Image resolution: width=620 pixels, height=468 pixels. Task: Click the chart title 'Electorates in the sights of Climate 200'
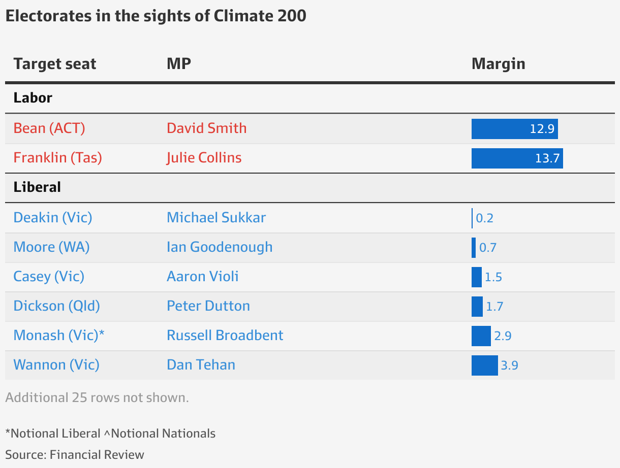(x=156, y=16)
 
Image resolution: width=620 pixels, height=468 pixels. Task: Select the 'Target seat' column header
(x=55, y=64)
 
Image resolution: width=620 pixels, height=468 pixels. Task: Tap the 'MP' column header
(x=179, y=64)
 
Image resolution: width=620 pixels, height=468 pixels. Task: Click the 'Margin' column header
(x=498, y=64)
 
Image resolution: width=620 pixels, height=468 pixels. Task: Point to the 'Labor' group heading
(x=33, y=98)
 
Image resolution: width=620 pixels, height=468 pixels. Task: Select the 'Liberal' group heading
(x=37, y=187)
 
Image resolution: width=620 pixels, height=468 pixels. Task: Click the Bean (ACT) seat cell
(x=49, y=128)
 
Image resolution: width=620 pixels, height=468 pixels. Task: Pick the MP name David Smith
(x=206, y=128)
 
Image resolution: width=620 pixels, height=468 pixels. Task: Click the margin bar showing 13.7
(x=517, y=158)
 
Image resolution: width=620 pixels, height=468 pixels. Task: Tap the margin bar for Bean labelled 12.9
(x=514, y=129)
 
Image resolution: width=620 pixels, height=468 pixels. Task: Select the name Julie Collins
(x=204, y=158)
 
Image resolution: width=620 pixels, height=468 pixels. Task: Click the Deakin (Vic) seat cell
(x=53, y=218)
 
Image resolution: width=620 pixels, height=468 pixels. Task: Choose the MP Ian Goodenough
(x=220, y=247)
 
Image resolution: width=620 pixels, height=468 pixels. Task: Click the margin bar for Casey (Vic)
(x=477, y=277)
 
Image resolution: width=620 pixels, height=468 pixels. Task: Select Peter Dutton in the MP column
(x=208, y=306)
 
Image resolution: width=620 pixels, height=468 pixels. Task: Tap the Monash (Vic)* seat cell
(x=59, y=336)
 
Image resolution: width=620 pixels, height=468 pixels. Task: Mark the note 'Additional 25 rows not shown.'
(x=97, y=397)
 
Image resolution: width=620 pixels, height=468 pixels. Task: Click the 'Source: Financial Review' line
(x=75, y=454)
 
